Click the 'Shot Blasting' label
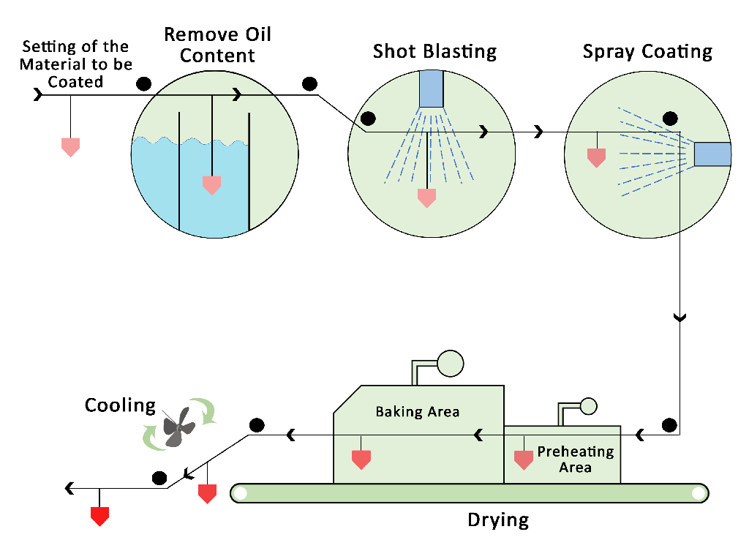coord(434,52)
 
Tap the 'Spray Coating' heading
coord(647,52)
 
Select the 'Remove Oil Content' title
coord(218,45)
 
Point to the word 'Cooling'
coord(120,405)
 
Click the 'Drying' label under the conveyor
coord(498,520)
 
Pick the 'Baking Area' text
coord(418,411)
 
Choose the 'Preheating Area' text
coord(575,460)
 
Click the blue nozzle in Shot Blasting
coord(432,89)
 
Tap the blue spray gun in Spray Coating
coord(712,154)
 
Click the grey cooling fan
coord(178,427)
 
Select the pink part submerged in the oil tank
coord(211,185)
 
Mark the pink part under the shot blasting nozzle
coord(426,198)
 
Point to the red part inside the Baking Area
coord(361,460)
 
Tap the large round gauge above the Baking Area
coord(451,363)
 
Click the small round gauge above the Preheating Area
coord(588,406)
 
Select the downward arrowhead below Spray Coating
coord(680,318)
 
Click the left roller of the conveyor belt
coord(240,493)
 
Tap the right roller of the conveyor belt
coord(699,493)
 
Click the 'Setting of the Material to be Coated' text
coord(75,64)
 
